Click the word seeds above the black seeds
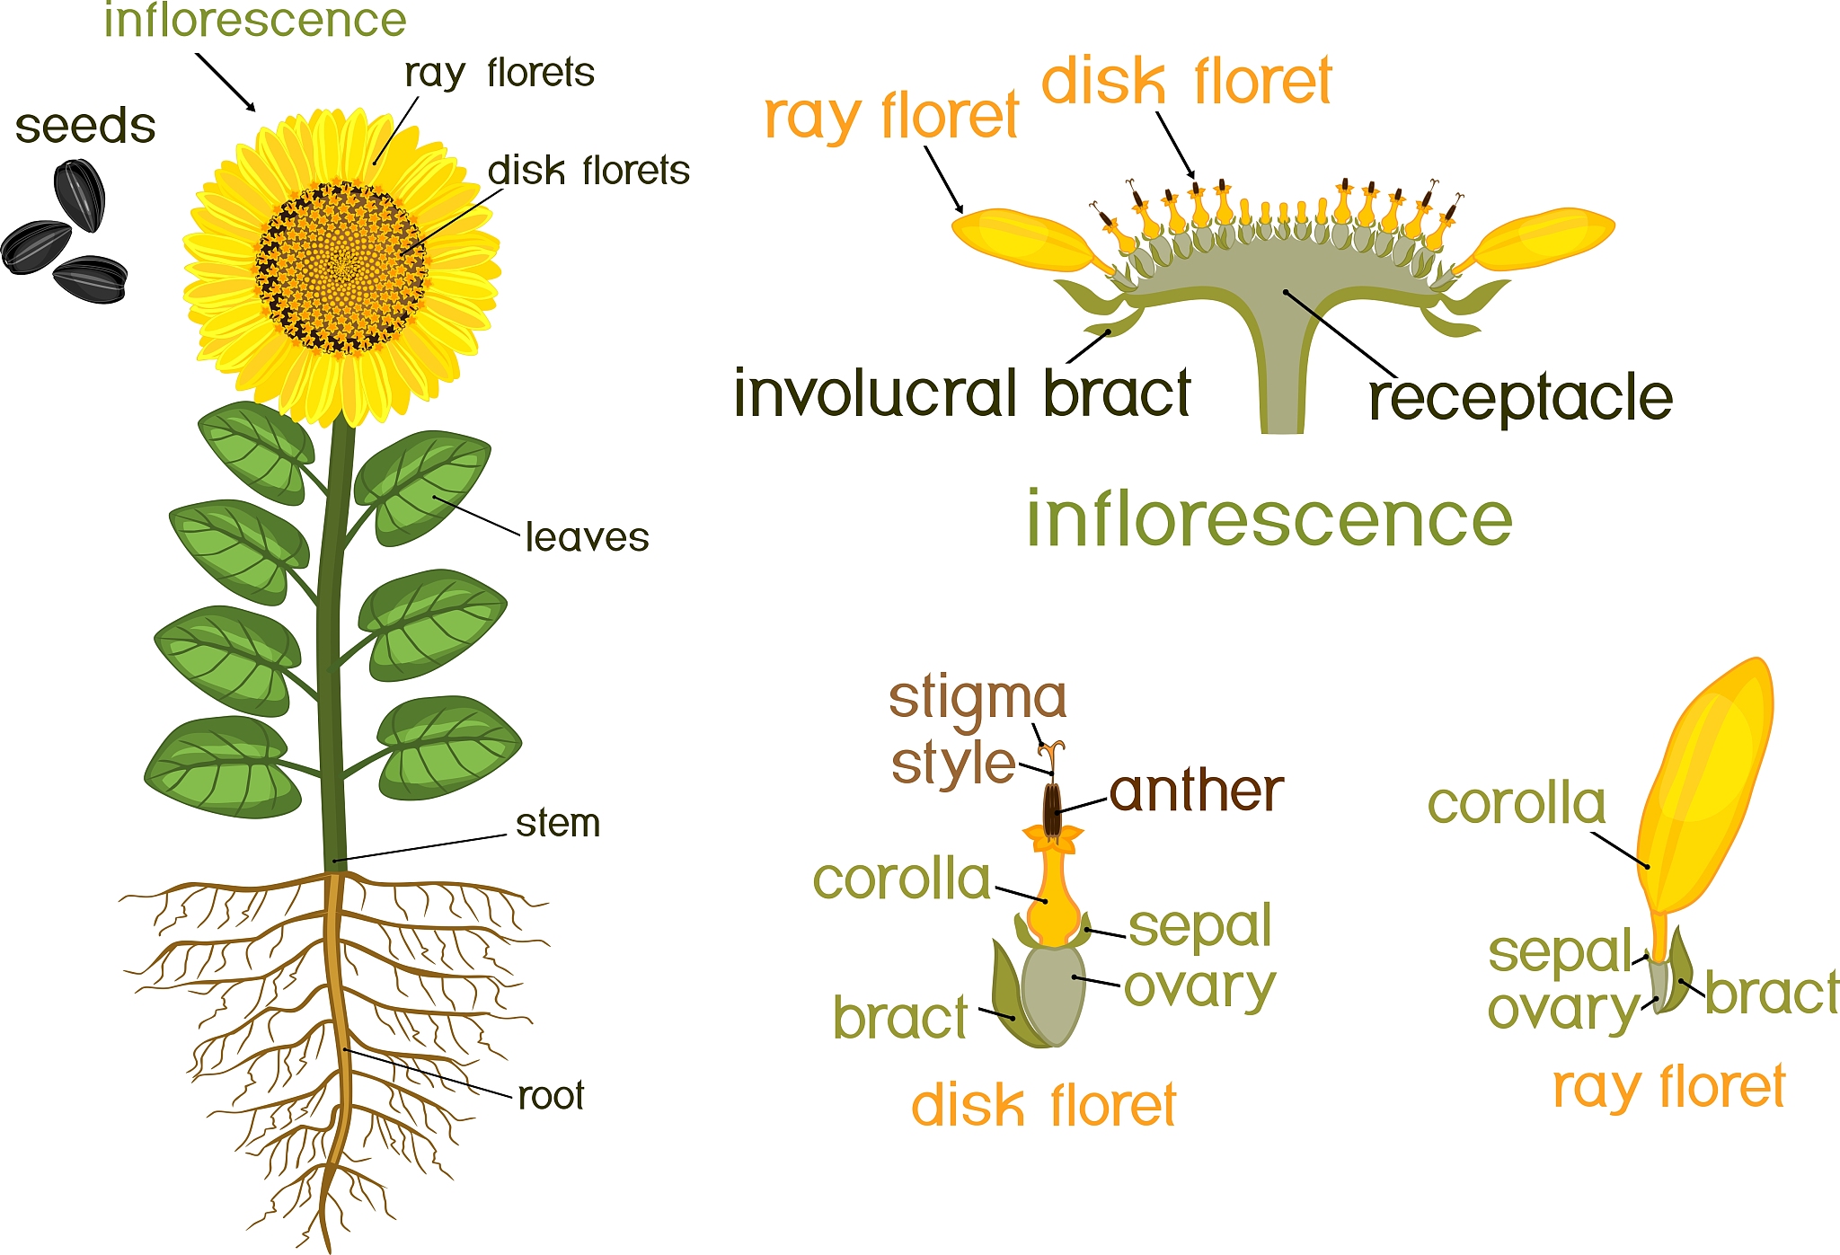(x=85, y=127)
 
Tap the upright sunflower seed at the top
(x=80, y=195)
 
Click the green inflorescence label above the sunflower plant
(x=255, y=20)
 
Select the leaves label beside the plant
(x=587, y=537)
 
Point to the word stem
(x=558, y=823)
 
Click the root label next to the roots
(x=551, y=1095)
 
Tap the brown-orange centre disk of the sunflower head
(x=341, y=268)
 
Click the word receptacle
(x=1520, y=398)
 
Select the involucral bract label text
(x=962, y=393)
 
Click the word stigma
(x=977, y=698)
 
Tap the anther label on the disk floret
(x=1196, y=791)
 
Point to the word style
(x=953, y=764)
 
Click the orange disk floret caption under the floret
(x=1043, y=1105)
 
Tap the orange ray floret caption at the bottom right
(x=1668, y=1087)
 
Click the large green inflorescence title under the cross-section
(x=1269, y=519)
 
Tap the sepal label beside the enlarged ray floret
(x=1559, y=952)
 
